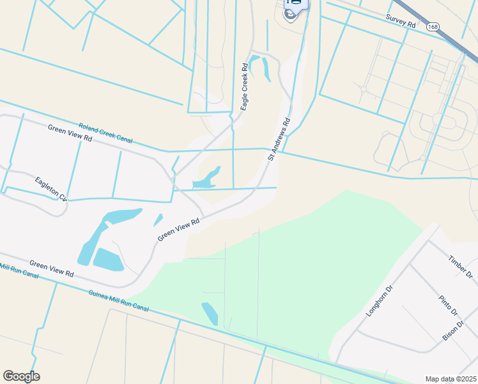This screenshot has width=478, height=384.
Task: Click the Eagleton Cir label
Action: pyautogui.click(x=51, y=188)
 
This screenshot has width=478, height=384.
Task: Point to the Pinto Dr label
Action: pyautogui.click(x=449, y=305)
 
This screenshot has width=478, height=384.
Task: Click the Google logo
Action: pyautogui.click(x=21, y=376)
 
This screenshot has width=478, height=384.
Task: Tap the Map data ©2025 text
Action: pyautogui.click(x=451, y=379)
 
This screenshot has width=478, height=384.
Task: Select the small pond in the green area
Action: pyautogui.click(x=210, y=314)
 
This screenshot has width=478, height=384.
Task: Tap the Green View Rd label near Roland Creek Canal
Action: pyautogui.click(x=70, y=132)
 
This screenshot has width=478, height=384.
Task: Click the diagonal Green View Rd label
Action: pyautogui.click(x=179, y=228)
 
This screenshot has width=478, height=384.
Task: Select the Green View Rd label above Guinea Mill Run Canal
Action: pyautogui.click(x=52, y=269)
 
